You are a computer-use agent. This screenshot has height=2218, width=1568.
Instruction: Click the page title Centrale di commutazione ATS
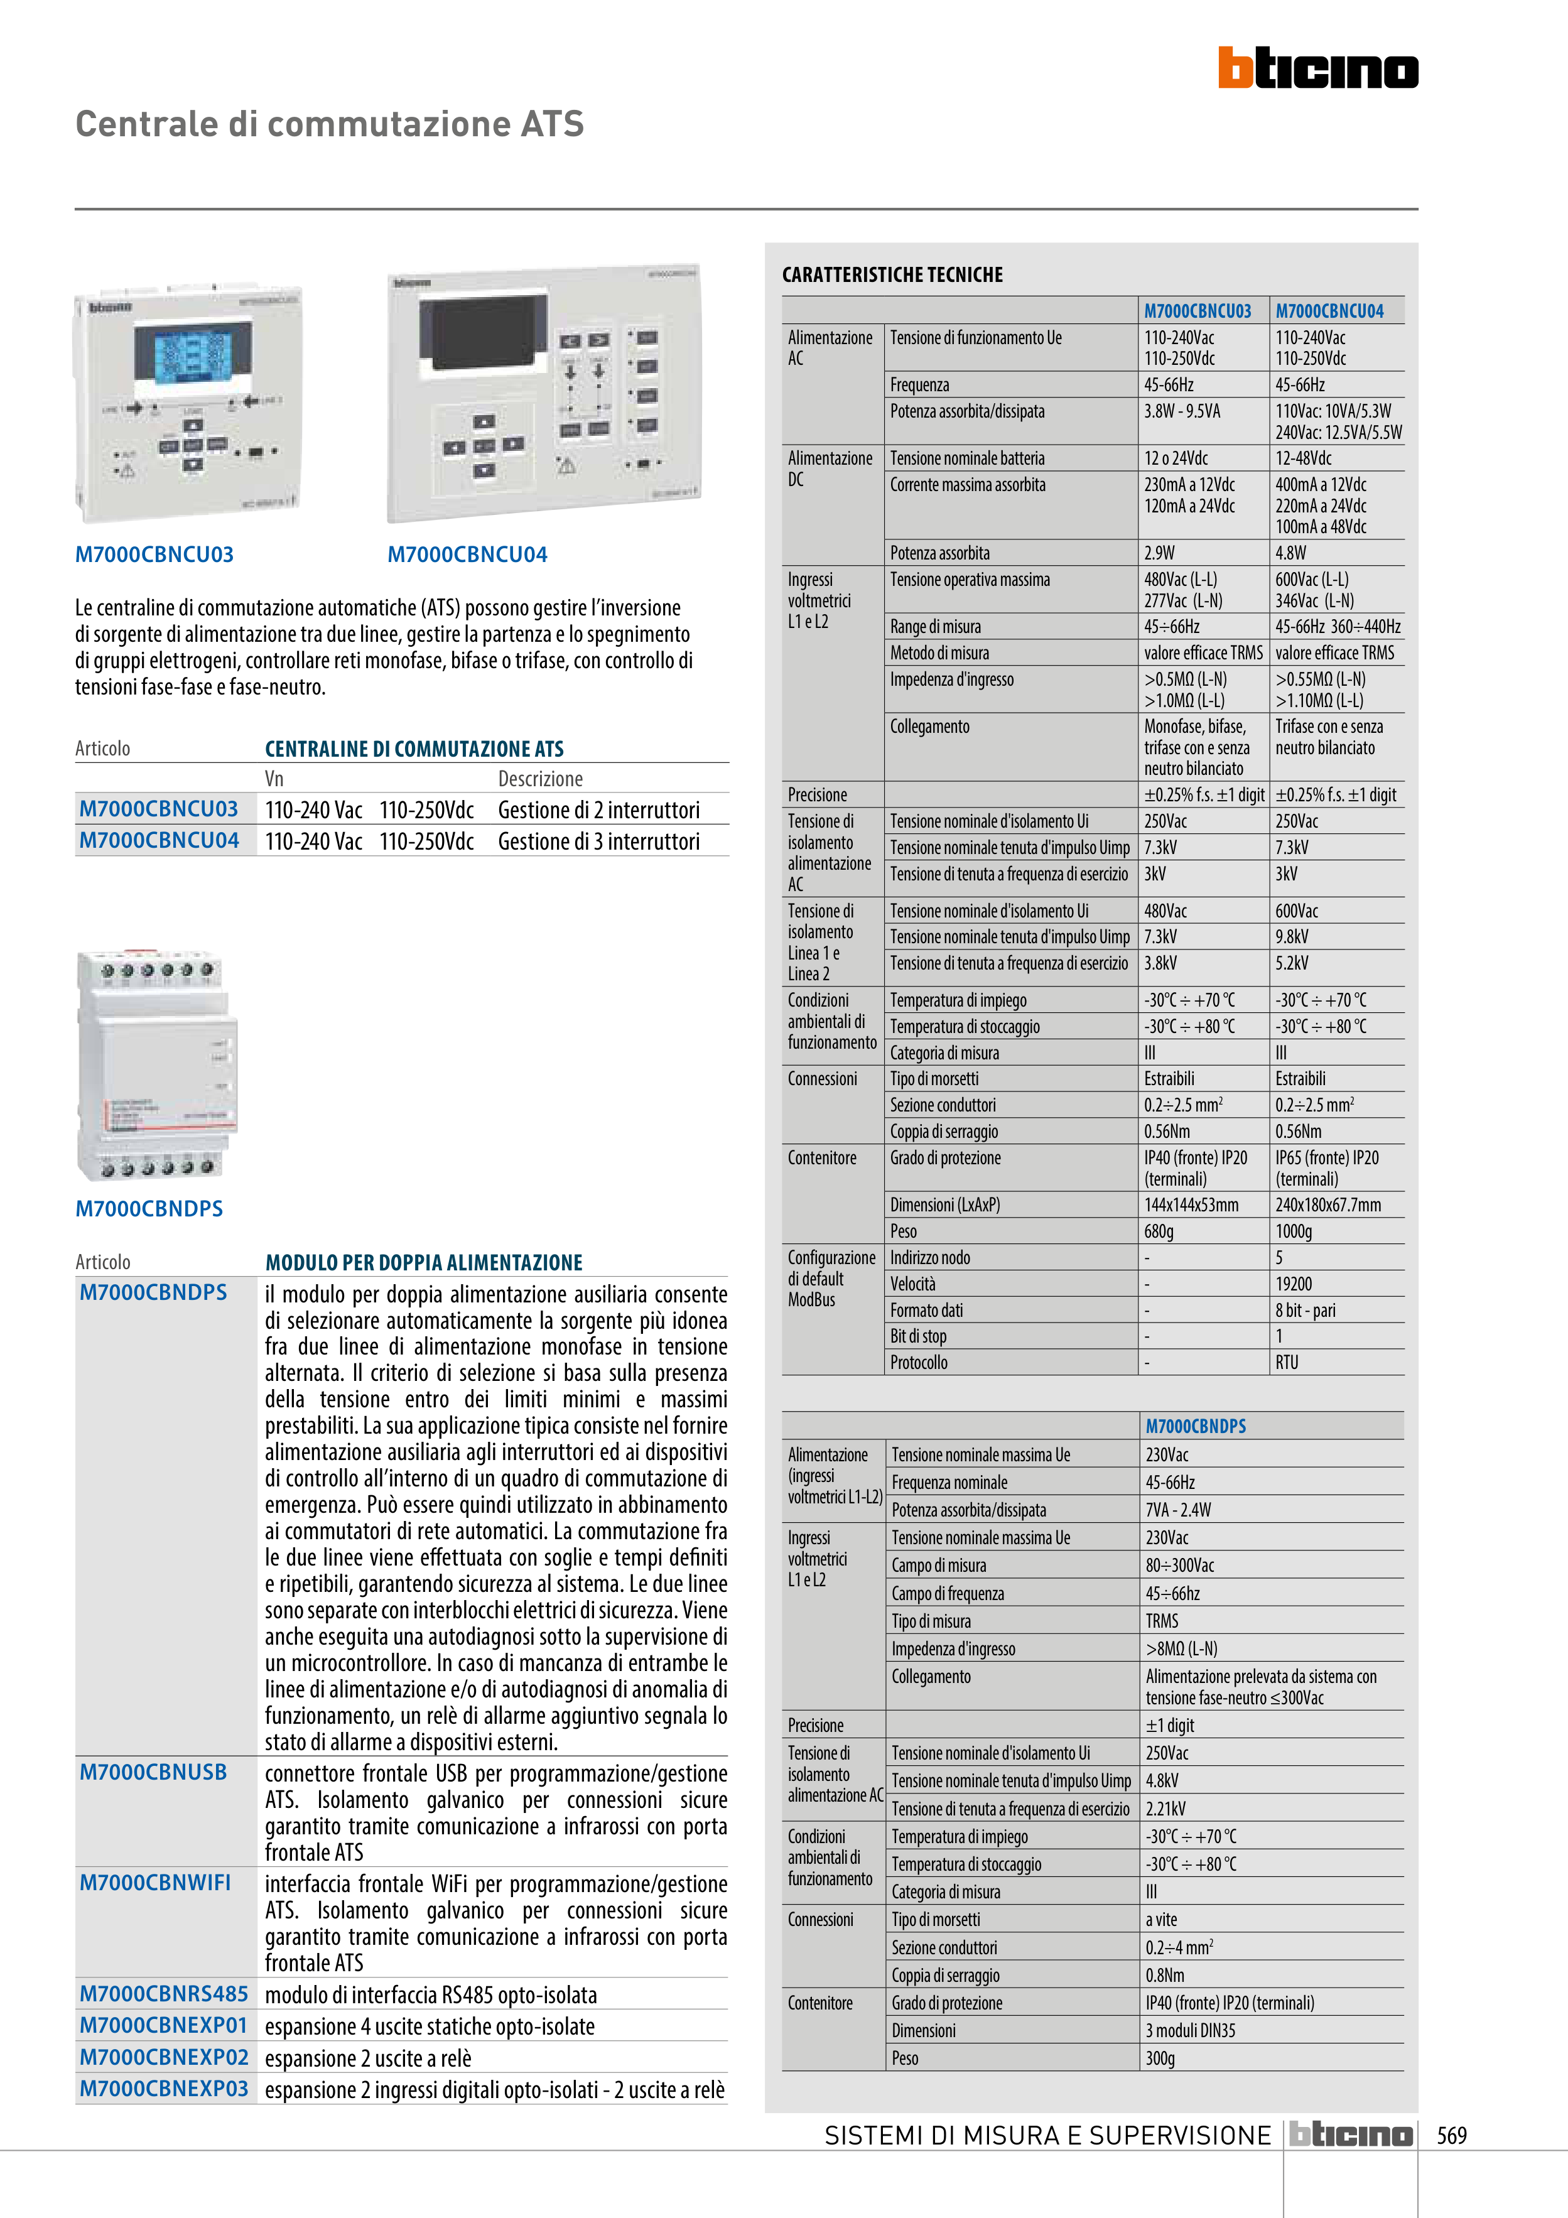330,124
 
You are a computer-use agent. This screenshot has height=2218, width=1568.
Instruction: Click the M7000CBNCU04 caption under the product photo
467,554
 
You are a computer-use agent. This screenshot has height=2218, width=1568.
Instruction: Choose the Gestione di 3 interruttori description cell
598,841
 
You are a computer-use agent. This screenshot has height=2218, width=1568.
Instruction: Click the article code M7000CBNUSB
153,1772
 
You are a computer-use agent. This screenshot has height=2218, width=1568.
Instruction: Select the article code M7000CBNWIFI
154,1882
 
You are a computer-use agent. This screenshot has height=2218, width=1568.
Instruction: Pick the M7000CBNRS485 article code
163,1993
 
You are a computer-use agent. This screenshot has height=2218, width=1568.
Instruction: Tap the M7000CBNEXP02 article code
163,2057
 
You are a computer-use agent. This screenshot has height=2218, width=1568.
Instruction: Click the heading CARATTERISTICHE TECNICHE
892,274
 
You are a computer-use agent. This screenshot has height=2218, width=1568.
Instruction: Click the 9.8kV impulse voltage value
1292,937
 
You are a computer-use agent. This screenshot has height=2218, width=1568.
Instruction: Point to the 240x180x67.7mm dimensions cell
1327,1204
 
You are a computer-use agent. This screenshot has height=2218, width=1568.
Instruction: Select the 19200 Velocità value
1294,1284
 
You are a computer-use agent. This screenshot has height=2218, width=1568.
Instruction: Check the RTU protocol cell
1287,1362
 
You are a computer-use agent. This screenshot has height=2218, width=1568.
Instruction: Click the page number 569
1451,2135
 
